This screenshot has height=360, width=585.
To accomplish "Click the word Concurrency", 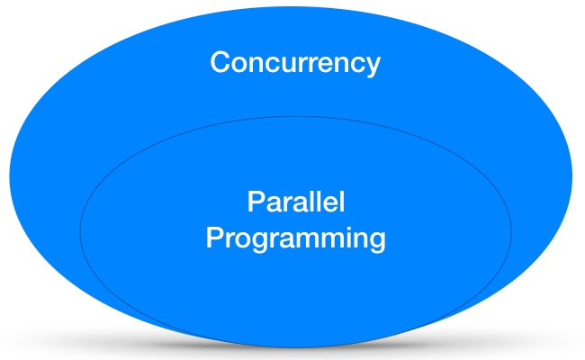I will tap(295, 63).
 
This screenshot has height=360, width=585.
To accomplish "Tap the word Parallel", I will tap(295, 201).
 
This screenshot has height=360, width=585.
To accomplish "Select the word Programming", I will tap(295, 239).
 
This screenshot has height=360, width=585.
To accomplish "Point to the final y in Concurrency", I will tap(373, 67).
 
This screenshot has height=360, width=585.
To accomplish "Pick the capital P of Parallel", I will tap(256, 201).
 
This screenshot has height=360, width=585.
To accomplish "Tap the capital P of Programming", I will tap(215, 238).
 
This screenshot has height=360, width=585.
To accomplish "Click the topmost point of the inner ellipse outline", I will tap(295, 116).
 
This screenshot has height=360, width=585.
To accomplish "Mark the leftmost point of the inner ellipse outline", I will tap(80, 230).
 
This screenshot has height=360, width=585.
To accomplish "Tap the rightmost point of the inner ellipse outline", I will tap(511, 230).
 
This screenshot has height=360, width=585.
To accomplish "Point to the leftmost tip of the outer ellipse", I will tap(10, 175).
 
